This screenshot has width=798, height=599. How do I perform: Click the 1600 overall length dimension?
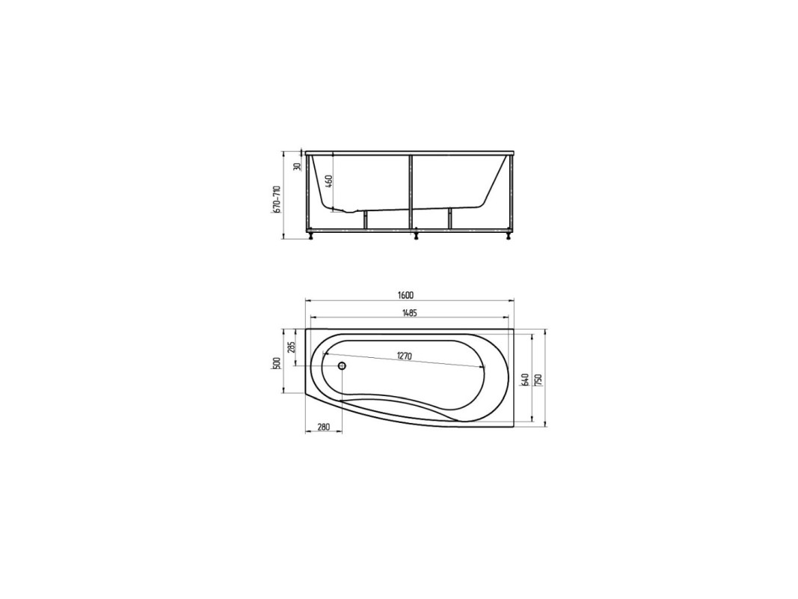click(x=407, y=296)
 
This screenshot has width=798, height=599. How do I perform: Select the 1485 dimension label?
click(x=409, y=313)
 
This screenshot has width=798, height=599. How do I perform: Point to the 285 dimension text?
click(x=291, y=347)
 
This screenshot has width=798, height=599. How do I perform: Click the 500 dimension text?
click(x=277, y=363)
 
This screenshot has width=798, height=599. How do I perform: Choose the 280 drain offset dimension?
click(x=324, y=427)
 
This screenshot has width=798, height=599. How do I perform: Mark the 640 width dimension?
click(x=526, y=380)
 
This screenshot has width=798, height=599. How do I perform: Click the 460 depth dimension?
click(x=329, y=180)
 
